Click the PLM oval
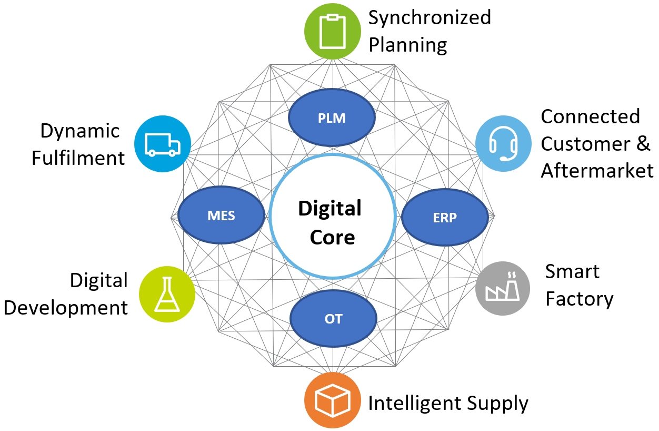pos(332,117)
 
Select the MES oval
pos(221,215)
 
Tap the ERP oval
pos(444,217)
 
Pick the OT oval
pos(333,318)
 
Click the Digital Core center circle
pos(332,222)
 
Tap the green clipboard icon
pos(332,31)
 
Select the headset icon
pos(503,143)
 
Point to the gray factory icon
pos(503,288)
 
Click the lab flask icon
pos(167,294)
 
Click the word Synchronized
pos(430,17)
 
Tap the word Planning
pos(407,45)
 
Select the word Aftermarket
pos(597,171)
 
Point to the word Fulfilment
pos(78,158)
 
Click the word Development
pos(66,308)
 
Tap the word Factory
pos(579,299)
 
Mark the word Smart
pos(572,271)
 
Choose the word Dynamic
pos(80,131)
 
